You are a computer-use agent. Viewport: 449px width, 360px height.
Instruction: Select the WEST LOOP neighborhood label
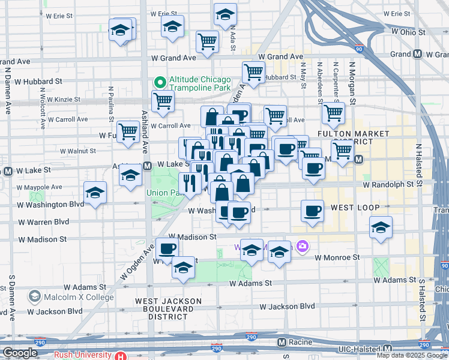pyautogui.click(x=355, y=208)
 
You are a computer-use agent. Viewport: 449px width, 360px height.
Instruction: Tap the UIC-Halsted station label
pyautogui.click(x=358, y=348)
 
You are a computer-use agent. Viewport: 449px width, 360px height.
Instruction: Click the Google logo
pyautogui.click(x=20, y=353)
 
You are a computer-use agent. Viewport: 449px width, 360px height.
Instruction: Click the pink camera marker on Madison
pyautogui.click(x=301, y=246)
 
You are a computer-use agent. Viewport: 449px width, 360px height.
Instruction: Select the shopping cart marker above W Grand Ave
pyautogui.click(x=208, y=42)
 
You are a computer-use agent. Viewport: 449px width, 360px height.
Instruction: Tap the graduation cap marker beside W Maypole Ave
pyautogui.click(x=95, y=193)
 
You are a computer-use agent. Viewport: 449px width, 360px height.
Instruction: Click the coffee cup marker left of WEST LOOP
pyautogui.click(x=312, y=211)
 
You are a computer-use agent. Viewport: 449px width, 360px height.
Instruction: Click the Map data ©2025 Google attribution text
pyautogui.click(x=411, y=355)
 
